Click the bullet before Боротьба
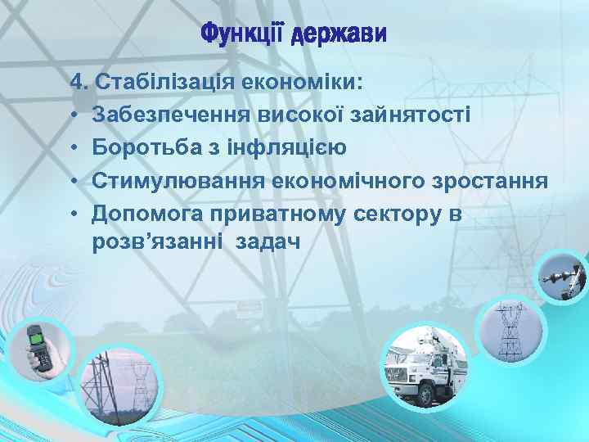pos(74,148)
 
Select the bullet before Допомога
pos(74,214)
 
